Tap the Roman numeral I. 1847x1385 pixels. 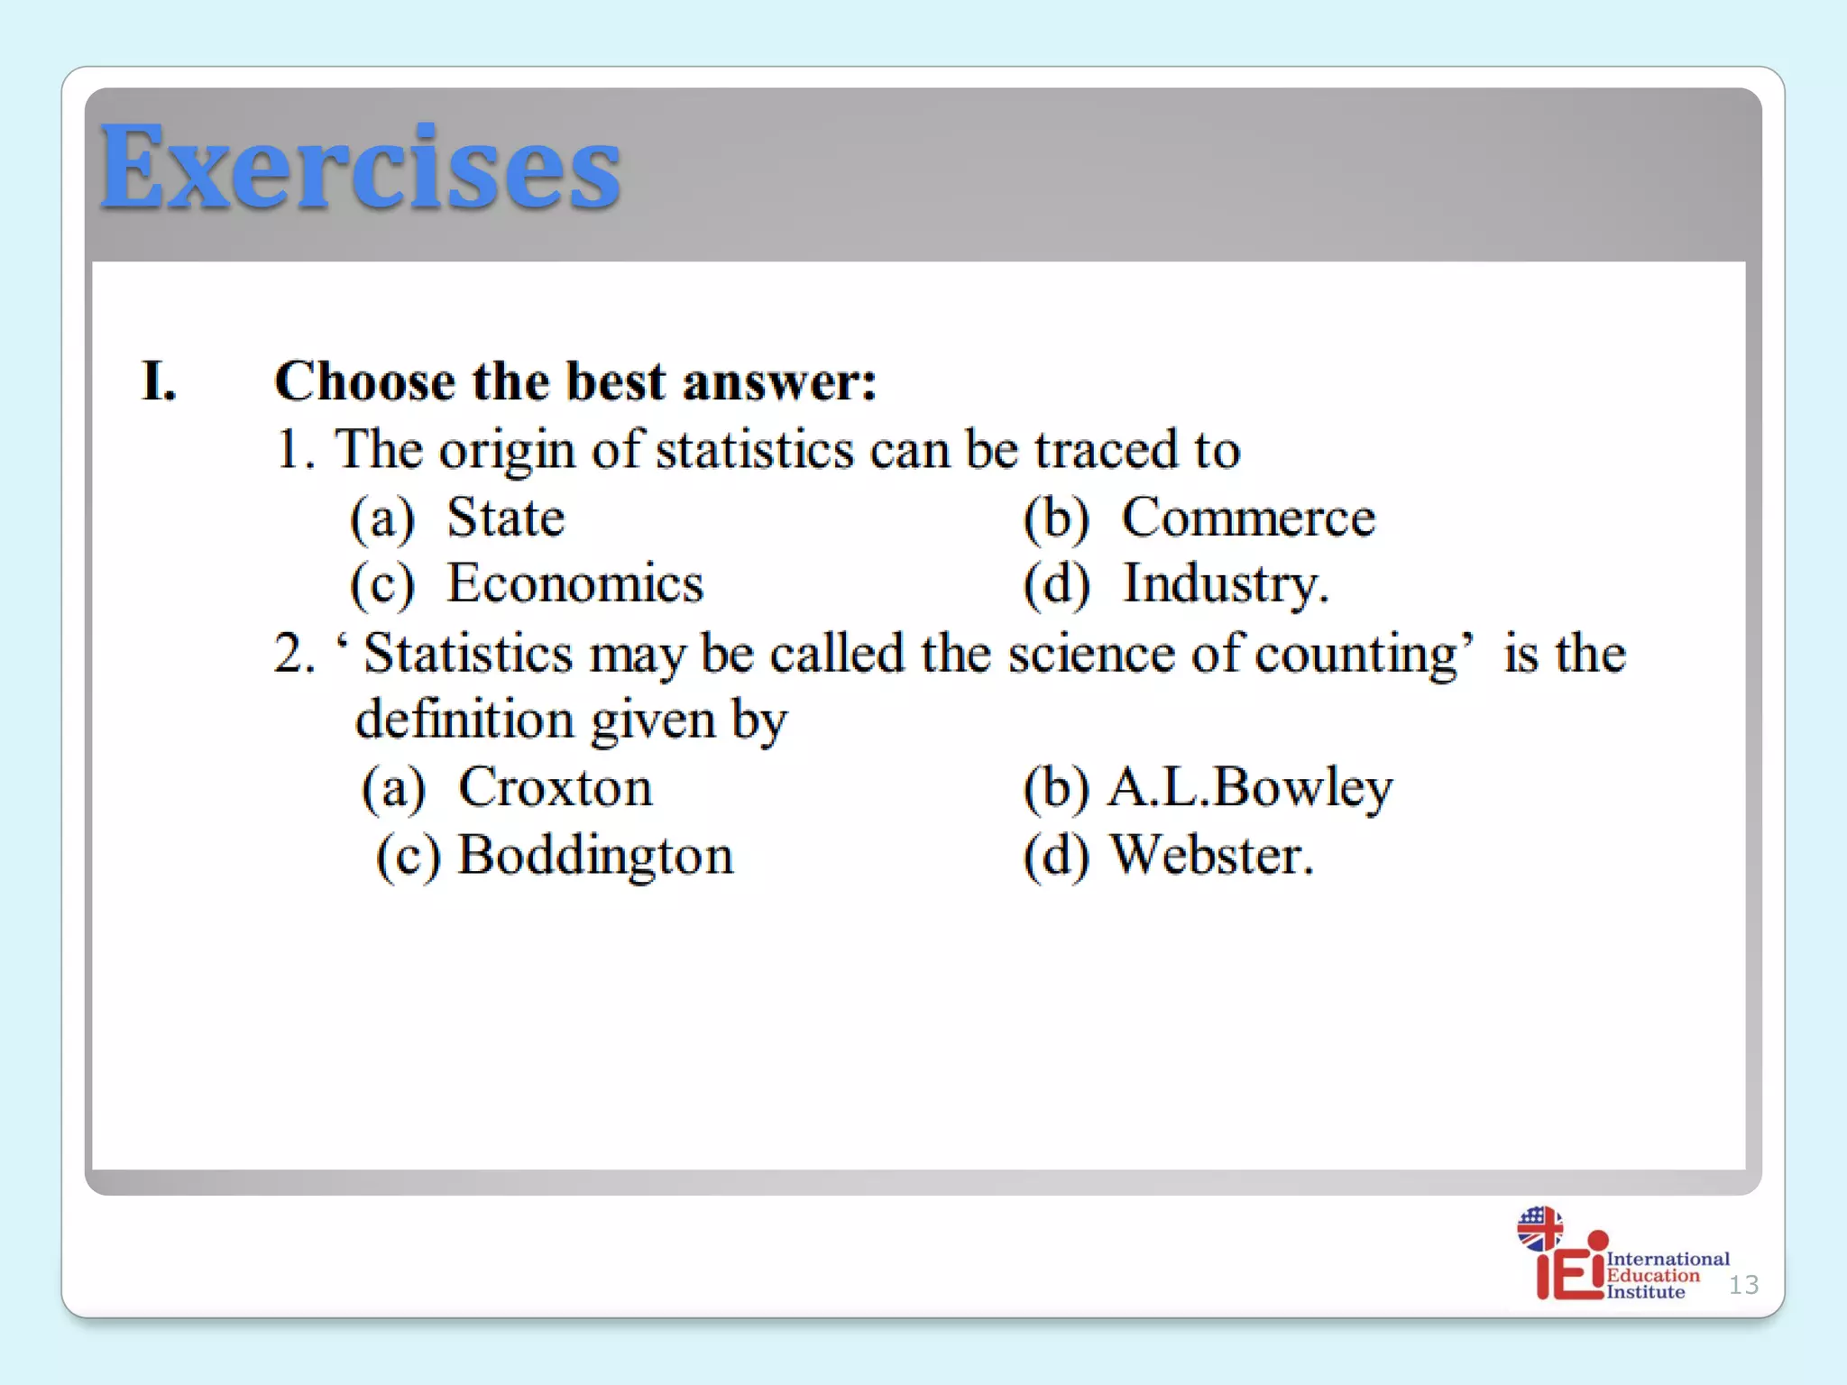[159, 381]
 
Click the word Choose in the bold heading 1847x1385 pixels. [365, 381]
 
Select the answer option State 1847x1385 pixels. [506, 518]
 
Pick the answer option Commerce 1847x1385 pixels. [1248, 518]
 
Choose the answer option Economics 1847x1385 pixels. [575, 583]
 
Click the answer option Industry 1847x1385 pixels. [1225, 583]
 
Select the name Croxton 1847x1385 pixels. [556, 787]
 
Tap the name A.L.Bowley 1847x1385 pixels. [1250, 787]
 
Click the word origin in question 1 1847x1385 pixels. [507, 450]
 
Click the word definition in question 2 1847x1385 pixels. [464, 720]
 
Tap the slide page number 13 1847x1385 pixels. [1743, 1284]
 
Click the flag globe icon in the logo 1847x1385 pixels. [1539, 1228]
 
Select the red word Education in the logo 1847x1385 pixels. [1652, 1275]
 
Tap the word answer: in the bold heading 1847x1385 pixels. [779, 381]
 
